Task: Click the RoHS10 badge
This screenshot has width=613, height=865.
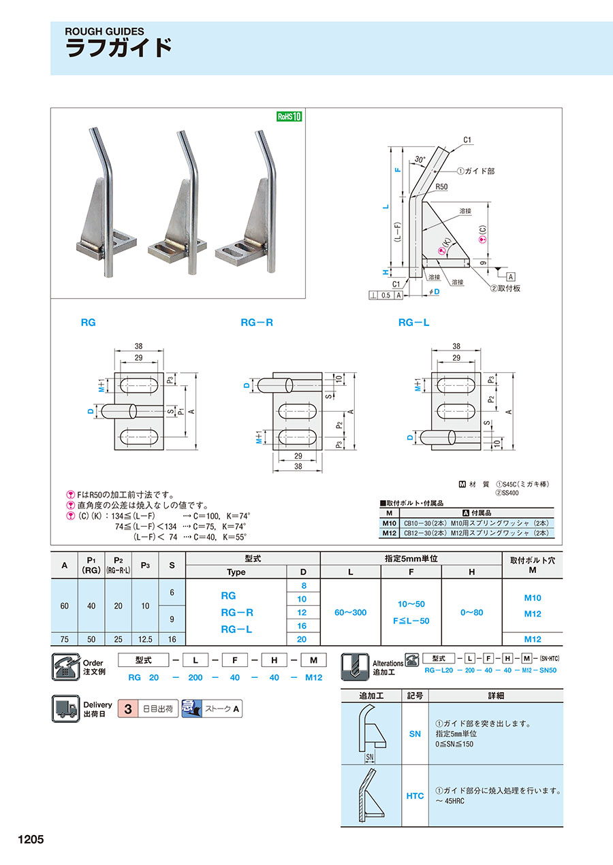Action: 289,116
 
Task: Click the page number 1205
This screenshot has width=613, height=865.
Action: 27,839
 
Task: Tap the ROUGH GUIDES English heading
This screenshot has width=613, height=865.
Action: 104,31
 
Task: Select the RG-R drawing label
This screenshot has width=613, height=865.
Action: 257,323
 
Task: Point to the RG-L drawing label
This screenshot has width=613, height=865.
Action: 413,323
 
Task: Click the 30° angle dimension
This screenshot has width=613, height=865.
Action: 420,160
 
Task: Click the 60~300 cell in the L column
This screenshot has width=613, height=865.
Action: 350,613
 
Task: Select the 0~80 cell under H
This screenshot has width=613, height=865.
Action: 471,613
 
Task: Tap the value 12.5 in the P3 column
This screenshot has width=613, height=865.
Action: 145,639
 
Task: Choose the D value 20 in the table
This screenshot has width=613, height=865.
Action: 302,639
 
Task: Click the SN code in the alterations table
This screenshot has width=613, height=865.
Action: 415,734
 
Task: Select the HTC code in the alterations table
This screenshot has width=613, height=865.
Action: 415,796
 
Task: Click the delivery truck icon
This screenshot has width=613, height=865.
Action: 66,708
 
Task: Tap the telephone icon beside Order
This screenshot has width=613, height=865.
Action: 66,666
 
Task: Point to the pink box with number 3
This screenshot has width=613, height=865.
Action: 127,709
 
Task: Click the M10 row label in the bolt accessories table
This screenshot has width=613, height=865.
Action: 389,522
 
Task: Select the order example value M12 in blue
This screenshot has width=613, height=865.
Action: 313,677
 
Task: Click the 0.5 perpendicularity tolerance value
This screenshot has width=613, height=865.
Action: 386,295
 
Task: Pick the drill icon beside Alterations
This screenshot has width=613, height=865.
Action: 355,666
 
